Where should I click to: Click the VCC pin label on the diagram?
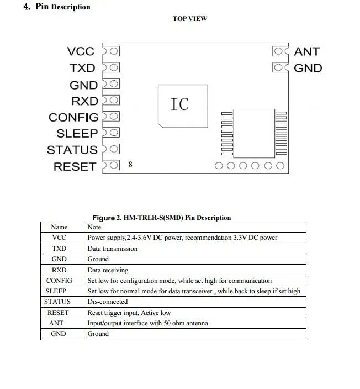[x=81, y=51]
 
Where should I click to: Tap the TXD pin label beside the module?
[x=82, y=68]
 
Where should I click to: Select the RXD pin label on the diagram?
[x=84, y=101]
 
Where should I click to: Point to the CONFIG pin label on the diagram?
[x=73, y=117]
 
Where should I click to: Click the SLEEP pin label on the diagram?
[x=77, y=133]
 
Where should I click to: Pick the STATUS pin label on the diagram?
[x=72, y=150]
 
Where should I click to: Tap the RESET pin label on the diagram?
[x=75, y=166]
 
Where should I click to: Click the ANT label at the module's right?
[x=306, y=51]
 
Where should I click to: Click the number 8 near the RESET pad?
[x=130, y=165]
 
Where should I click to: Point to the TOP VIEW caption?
[x=190, y=19]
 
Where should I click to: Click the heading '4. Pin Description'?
[x=57, y=7]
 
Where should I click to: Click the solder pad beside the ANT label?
[x=280, y=51]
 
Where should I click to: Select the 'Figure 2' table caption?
[x=161, y=218]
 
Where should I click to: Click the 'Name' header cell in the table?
[x=59, y=227]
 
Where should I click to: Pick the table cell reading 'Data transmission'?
[x=113, y=249]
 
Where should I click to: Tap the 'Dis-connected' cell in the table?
[x=108, y=302]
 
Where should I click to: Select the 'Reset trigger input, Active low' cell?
[x=129, y=313]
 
